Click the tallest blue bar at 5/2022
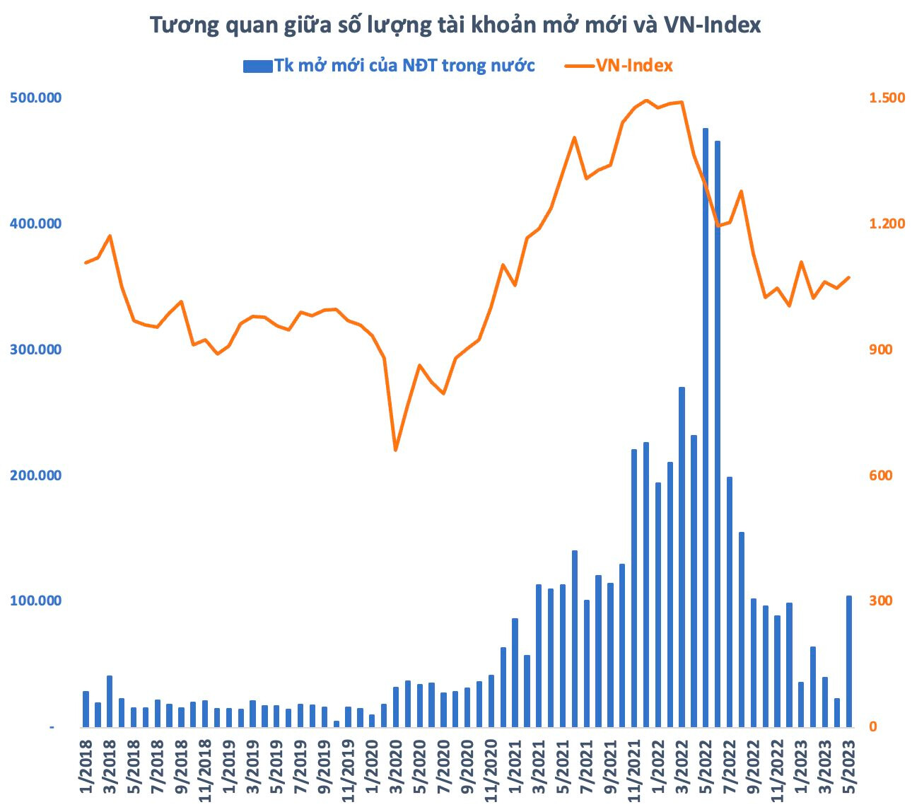coord(705,427)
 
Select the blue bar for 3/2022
coord(682,557)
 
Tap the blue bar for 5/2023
coord(848,661)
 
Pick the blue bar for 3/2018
coord(110,701)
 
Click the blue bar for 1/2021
coord(515,673)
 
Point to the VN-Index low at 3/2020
coord(396,450)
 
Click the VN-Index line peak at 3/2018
coord(110,236)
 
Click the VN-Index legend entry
coord(619,66)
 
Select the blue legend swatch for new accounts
coord(257,66)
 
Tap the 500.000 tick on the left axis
coord(35,98)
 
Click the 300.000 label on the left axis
coord(35,349)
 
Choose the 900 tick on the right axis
coord(880,349)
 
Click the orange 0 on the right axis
coord(873,726)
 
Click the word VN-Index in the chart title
coord(713,25)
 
